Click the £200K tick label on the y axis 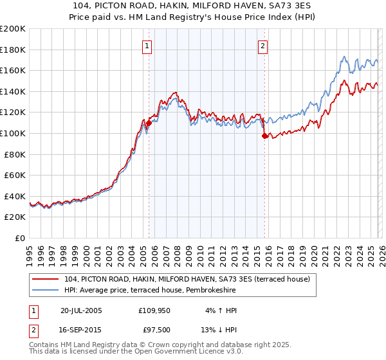coord(13,29)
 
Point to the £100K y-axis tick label coord(13,133)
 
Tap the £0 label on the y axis coord(20,238)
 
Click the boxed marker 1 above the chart coord(149,46)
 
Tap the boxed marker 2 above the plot coord(264,46)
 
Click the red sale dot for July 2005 coord(149,123)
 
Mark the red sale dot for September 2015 coord(264,136)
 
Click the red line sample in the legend coord(46,279)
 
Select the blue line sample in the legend coord(46,291)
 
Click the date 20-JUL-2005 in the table coord(81,310)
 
